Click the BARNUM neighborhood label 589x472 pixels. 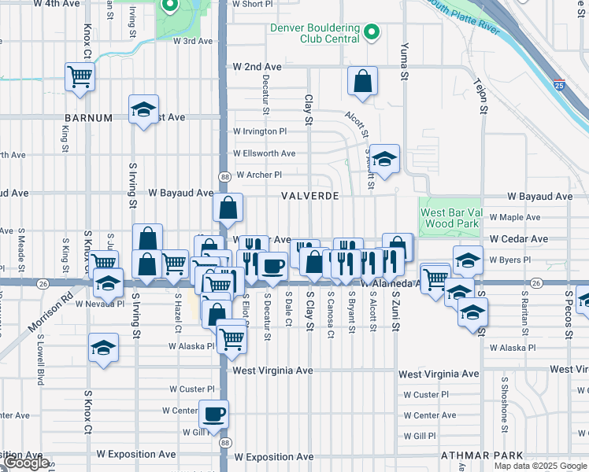89,117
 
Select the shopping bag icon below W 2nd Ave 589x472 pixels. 362,81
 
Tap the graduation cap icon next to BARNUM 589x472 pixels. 144,110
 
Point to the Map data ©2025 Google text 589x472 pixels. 540,466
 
